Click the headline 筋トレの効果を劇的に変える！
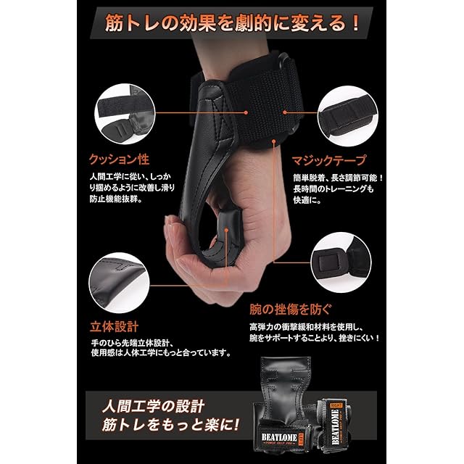point(232,23)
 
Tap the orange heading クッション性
point(119,159)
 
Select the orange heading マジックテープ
point(329,161)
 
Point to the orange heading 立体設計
point(115,327)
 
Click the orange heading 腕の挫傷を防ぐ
point(291,310)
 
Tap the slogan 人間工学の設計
point(153,406)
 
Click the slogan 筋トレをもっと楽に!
point(170,426)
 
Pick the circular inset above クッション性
point(125,114)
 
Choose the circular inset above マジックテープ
point(348,116)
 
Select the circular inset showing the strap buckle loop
point(341,262)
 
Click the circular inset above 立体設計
point(119,283)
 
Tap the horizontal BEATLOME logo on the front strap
point(279,437)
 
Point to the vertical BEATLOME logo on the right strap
point(335,427)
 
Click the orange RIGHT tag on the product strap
point(336,405)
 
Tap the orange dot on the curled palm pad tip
point(226,230)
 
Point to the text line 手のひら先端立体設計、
point(132,343)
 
